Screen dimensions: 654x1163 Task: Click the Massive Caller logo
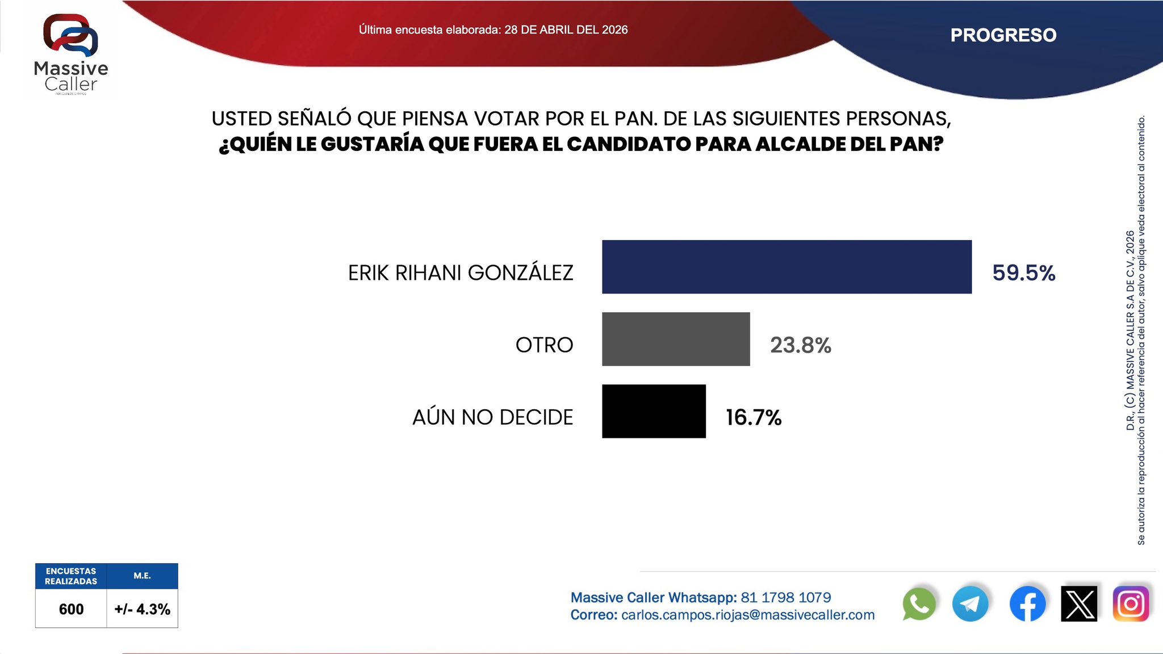tap(70, 54)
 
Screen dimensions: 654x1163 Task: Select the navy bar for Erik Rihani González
tap(787, 267)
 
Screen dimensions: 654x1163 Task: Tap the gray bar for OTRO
tap(676, 339)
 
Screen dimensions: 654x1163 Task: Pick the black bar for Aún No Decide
tap(654, 411)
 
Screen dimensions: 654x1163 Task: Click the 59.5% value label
tap(1023, 273)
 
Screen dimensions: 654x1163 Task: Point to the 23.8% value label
tap(800, 345)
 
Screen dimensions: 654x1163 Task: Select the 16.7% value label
tap(754, 417)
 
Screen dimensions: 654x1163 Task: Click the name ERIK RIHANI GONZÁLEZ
tap(461, 273)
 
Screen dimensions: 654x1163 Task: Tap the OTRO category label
tap(544, 345)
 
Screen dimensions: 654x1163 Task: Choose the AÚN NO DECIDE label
tap(492, 417)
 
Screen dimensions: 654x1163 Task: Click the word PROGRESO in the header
tap(1003, 35)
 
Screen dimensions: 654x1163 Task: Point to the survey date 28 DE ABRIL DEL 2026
tap(566, 30)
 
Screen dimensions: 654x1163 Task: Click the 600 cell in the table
tap(71, 609)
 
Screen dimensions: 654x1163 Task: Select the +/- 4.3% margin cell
tap(142, 609)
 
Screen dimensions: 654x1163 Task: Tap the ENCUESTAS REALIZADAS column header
tap(71, 576)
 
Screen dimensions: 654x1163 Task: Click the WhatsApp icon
tap(918, 604)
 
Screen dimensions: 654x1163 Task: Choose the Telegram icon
tap(970, 604)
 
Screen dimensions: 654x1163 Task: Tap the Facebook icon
tap(1027, 604)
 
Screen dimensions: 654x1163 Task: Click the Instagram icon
tap(1131, 604)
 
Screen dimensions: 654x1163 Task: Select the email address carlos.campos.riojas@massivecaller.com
tap(748, 615)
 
